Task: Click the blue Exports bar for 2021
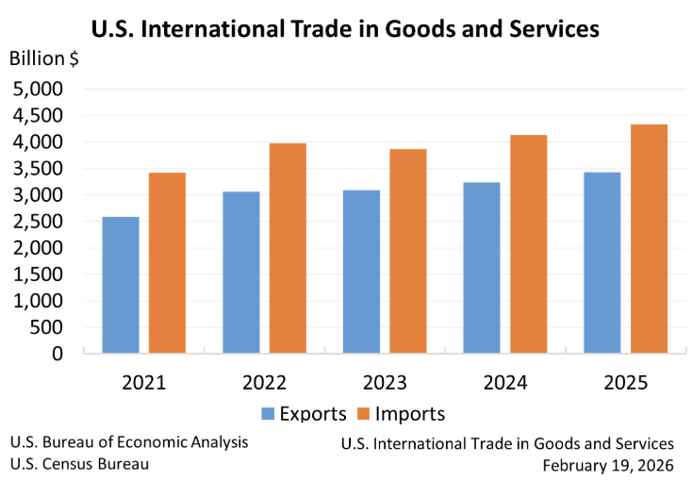click(x=121, y=285)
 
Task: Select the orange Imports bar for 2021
click(x=167, y=263)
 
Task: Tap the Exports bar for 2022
click(x=241, y=273)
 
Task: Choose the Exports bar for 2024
click(x=482, y=268)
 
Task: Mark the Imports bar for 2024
click(x=528, y=244)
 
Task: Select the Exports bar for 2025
click(x=602, y=263)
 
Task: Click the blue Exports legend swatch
click(x=269, y=414)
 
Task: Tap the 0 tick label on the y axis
click(x=57, y=354)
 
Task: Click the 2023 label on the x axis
click(x=385, y=383)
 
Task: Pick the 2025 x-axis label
click(x=625, y=383)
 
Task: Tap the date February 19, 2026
click(x=608, y=465)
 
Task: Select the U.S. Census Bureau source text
click(x=79, y=464)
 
